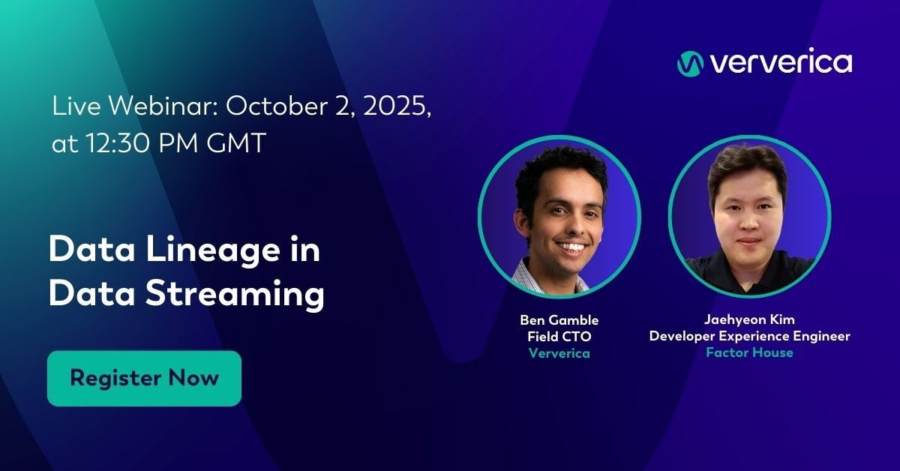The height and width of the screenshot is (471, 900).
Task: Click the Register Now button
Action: [x=144, y=378]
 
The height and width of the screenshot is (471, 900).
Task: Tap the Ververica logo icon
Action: [x=689, y=63]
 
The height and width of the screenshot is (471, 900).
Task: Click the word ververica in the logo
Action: [x=780, y=63]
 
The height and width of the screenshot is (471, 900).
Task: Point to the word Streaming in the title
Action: [x=228, y=293]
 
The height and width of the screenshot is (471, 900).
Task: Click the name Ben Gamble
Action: [x=559, y=321]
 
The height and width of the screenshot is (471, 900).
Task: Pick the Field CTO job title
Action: [x=559, y=337]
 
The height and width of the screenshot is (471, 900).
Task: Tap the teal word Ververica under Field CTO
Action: [x=559, y=353]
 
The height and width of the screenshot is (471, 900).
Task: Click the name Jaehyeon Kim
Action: [x=749, y=320]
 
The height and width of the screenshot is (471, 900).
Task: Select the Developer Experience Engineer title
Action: [x=749, y=336]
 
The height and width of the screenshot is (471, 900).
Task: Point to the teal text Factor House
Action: [x=749, y=352]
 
